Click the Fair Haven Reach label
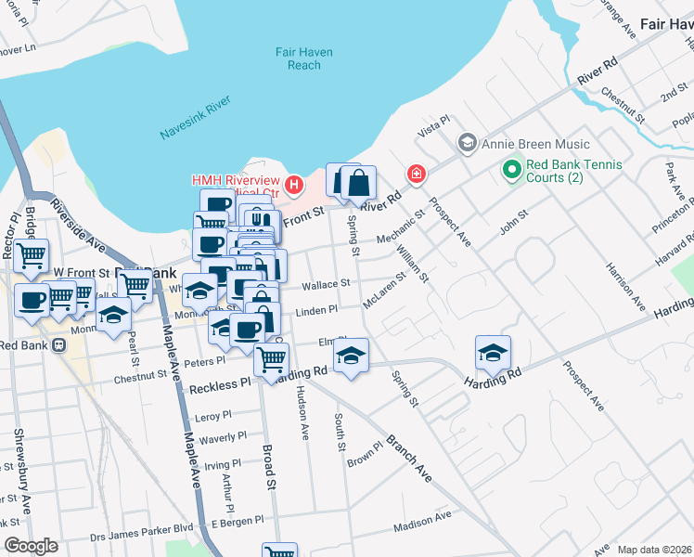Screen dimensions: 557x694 pyautogui.click(x=298, y=58)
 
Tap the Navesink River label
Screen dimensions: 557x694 pyautogui.click(x=195, y=122)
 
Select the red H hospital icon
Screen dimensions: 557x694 pyautogui.click(x=294, y=184)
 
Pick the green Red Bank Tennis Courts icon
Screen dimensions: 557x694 pyautogui.click(x=510, y=170)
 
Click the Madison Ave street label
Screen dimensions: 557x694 pyautogui.click(x=421, y=520)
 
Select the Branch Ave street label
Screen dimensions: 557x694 pyautogui.click(x=409, y=457)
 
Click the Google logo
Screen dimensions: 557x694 pyautogui.click(x=32, y=546)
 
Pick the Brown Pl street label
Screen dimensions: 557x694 pyautogui.click(x=365, y=455)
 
